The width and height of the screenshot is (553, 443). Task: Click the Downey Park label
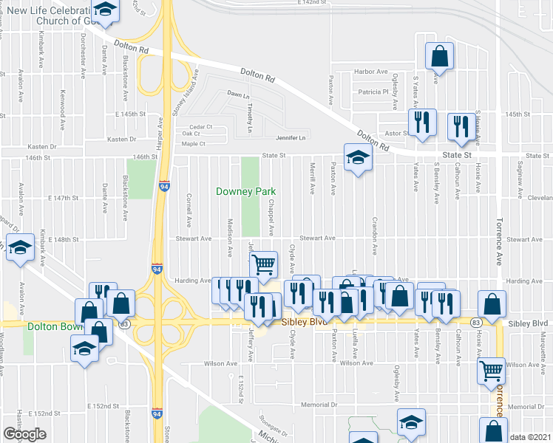[245, 191]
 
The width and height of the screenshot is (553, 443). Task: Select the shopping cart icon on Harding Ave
[264, 264]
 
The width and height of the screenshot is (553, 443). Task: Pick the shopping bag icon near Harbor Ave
[440, 56]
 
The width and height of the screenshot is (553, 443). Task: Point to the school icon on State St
[358, 158]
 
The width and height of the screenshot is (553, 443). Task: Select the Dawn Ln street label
[235, 95]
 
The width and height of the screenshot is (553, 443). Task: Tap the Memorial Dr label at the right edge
[526, 408]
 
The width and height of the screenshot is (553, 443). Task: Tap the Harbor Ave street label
[371, 72]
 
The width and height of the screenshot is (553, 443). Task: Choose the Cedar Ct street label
[201, 126]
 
